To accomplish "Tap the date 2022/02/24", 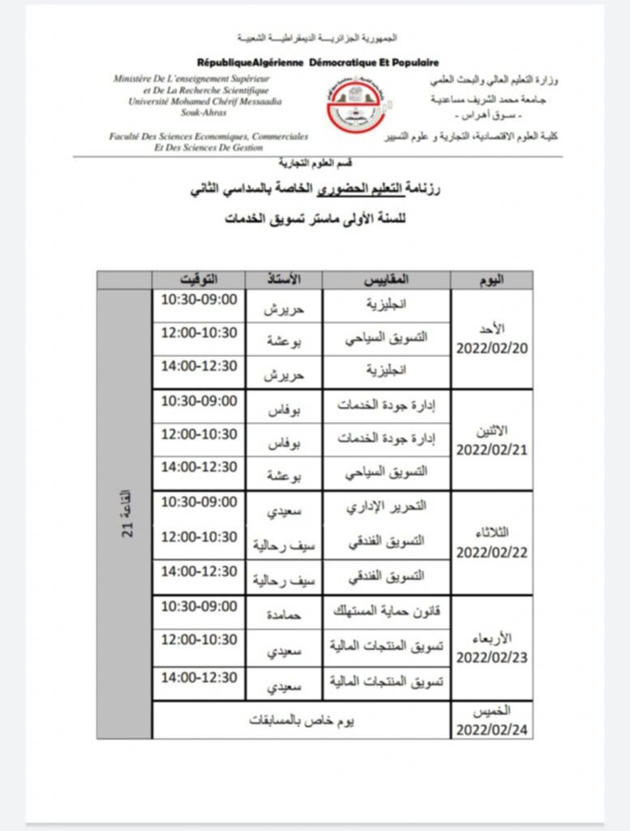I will click(x=492, y=729).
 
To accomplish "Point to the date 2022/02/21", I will click(x=492, y=449).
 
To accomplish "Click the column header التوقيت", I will click(x=199, y=279).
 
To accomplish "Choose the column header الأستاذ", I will click(x=284, y=279).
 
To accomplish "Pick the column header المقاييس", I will click(x=387, y=279).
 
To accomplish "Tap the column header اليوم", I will click(x=492, y=279).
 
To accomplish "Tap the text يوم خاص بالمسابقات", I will click(x=301, y=720).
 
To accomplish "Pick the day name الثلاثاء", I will click(x=493, y=532).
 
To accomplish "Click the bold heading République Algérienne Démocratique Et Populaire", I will click(x=318, y=62).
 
